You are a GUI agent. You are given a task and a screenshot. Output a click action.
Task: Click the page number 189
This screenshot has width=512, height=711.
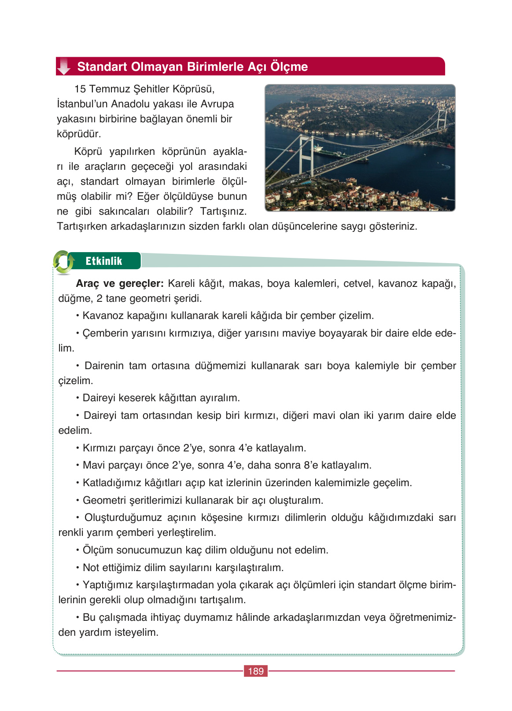click(x=255, y=671)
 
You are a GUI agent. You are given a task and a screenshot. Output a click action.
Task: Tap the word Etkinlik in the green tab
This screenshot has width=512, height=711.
click(x=103, y=261)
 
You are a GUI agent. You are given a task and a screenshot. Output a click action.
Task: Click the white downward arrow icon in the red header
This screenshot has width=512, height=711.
click(x=64, y=66)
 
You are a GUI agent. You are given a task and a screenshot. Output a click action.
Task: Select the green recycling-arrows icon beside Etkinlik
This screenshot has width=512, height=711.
click(x=63, y=262)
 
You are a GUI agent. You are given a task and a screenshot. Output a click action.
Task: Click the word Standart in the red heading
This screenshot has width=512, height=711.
click(x=102, y=67)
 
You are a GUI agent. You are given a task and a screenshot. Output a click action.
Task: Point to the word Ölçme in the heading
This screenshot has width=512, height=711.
click(x=289, y=67)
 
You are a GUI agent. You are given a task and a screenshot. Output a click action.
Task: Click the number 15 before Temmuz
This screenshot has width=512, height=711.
click(x=80, y=89)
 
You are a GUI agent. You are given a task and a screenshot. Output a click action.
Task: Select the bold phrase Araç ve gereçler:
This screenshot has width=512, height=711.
click(x=120, y=284)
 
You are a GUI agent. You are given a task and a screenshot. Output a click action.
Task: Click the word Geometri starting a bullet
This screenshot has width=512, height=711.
click(x=104, y=501)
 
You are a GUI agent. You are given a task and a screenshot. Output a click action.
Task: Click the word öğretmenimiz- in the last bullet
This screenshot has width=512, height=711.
click(x=422, y=618)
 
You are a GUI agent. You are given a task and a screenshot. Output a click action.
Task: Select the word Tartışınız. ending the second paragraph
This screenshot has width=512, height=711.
click(x=223, y=212)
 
